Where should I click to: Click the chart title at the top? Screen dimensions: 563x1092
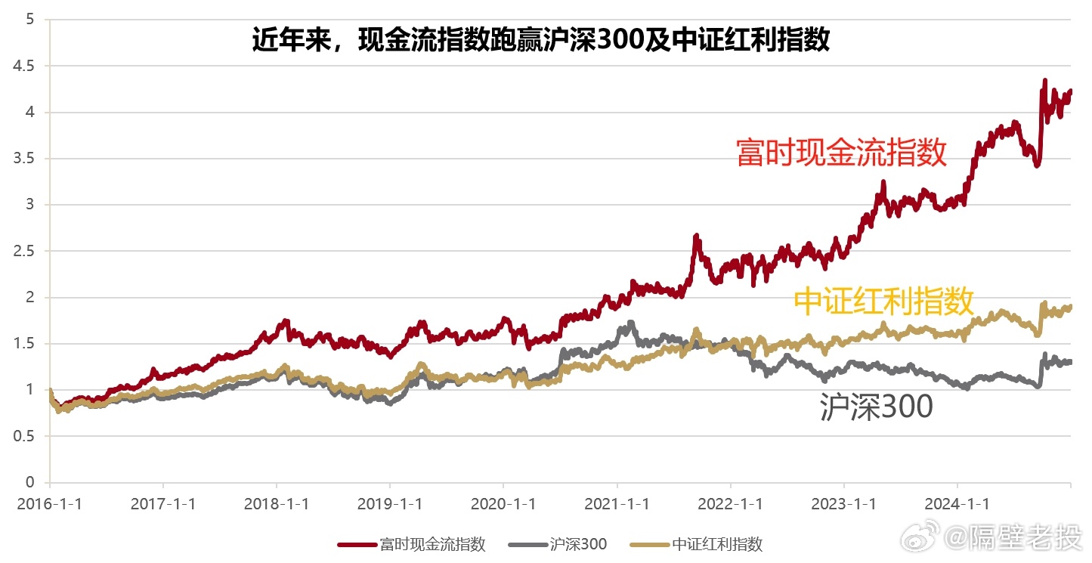[x=540, y=39]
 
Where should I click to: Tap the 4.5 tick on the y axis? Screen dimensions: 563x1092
[x=24, y=66]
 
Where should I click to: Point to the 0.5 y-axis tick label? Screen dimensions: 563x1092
[x=24, y=436]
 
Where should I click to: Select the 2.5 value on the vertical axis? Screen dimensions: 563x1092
[x=24, y=251]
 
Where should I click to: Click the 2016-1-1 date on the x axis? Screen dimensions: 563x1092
[x=49, y=504]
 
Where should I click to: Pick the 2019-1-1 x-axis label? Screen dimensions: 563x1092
[x=390, y=504]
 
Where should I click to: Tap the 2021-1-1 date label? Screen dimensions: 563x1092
[x=617, y=504]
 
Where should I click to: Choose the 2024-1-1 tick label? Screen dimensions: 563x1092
[x=957, y=504]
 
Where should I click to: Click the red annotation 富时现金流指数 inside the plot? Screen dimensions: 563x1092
[x=841, y=153]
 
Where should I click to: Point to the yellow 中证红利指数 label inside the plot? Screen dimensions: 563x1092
[x=883, y=302]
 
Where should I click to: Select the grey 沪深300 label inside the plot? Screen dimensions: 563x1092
[x=876, y=407]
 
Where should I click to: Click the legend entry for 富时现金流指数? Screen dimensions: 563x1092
[x=411, y=544]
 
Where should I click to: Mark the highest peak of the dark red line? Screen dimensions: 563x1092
[x=1044, y=80]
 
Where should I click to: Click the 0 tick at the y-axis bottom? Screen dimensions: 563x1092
[x=29, y=482]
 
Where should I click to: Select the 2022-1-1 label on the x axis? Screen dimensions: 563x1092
[x=730, y=504]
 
